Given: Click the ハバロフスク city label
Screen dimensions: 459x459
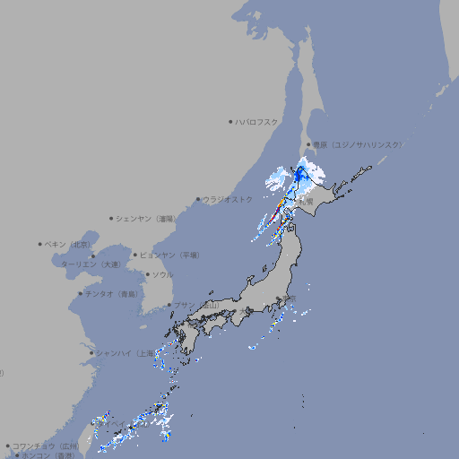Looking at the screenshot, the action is pos(257,121).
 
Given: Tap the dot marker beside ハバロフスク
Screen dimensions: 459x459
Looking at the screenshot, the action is pos(230,121).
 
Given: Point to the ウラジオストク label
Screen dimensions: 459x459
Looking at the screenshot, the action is pos(228,200).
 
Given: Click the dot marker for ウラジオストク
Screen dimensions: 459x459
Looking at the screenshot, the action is pos(198,200).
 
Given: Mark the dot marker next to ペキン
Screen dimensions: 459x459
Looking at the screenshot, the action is pos(40,244).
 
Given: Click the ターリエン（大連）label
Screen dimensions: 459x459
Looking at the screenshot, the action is pos(91,264).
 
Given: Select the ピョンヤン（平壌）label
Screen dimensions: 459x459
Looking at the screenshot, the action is pos(170,255).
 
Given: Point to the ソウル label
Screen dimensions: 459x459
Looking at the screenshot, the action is pos(162,274).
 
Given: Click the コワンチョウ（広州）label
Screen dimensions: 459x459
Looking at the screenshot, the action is pos(46,446).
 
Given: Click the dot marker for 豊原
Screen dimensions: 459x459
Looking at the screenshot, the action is pos(308,144).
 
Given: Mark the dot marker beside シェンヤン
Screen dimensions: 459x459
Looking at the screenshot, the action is pos(111,218).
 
